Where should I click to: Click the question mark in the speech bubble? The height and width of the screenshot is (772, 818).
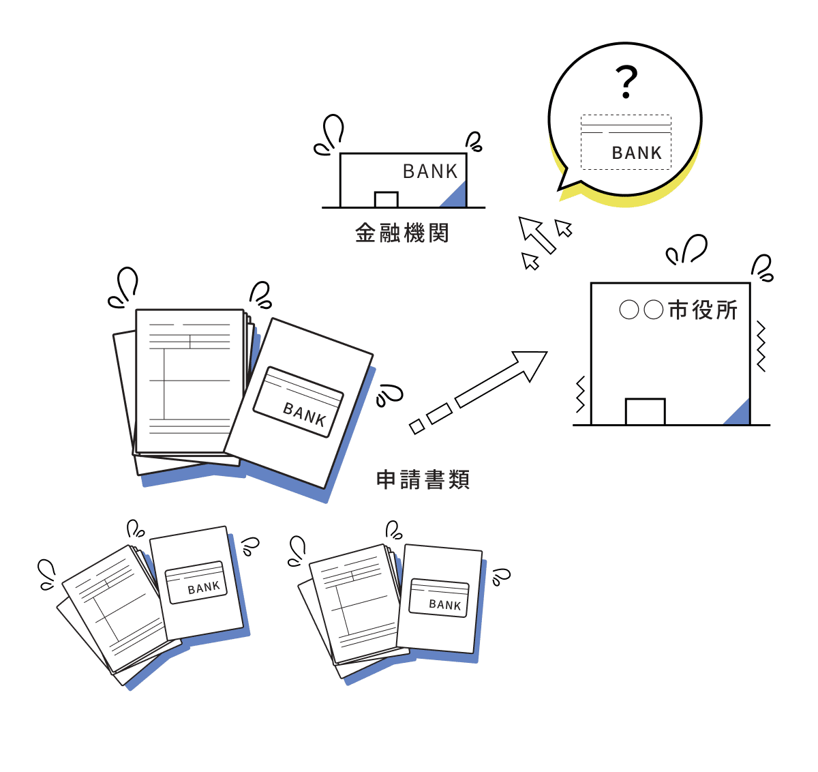pyautogui.click(x=626, y=82)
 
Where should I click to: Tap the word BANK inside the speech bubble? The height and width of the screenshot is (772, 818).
pyautogui.click(x=637, y=153)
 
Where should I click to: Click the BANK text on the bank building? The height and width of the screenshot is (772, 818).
pyautogui.click(x=430, y=171)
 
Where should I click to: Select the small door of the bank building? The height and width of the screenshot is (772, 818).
pyautogui.click(x=386, y=200)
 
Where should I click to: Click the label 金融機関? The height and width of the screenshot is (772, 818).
pyautogui.click(x=402, y=233)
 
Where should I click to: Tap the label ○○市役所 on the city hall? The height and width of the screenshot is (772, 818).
pyautogui.click(x=678, y=310)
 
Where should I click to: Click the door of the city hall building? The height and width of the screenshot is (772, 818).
pyautogui.click(x=645, y=412)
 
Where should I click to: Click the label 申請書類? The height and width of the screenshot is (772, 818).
pyautogui.click(x=423, y=479)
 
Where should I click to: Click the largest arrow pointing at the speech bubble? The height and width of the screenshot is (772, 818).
pyautogui.click(x=536, y=234)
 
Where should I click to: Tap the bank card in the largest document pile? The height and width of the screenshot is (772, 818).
pyautogui.click(x=299, y=402)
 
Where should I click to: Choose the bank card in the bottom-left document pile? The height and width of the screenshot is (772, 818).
pyautogui.click(x=196, y=582)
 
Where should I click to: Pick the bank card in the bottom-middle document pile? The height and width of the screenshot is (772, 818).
pyautogui.click(x=439, y=597)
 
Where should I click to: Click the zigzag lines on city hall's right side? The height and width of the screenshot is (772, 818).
pyautogui.click(x=761, y=347)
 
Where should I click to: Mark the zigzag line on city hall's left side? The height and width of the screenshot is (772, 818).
pyautogui.click(x=580, y=395)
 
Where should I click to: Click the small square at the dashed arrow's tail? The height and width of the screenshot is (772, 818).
pyautogui.click(x=416, y=427)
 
